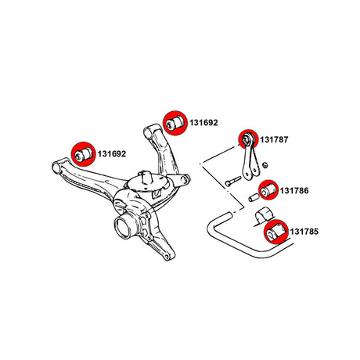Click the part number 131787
click(274, 139)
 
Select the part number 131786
click(294, 191)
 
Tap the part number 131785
click(304, 232)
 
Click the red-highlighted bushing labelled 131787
click(248, 139)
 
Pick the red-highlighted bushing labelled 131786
click(268, 190)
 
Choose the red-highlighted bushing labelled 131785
click(276, 232)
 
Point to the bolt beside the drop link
click(233, 182)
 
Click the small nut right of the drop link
click(265, 165)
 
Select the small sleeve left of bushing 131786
click(253, 198)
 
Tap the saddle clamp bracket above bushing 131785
click(264, 216)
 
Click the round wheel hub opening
click(123, 227)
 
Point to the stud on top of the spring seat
click(144, 176)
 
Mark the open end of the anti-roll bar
click(227, 215)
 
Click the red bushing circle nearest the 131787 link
click(248, 139)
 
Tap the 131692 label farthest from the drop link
click(112, 154)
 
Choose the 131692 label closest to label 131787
click(203, 123)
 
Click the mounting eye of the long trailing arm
click(57, 167)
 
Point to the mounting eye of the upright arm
click(148, 133)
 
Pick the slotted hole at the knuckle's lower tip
click(166, 257)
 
